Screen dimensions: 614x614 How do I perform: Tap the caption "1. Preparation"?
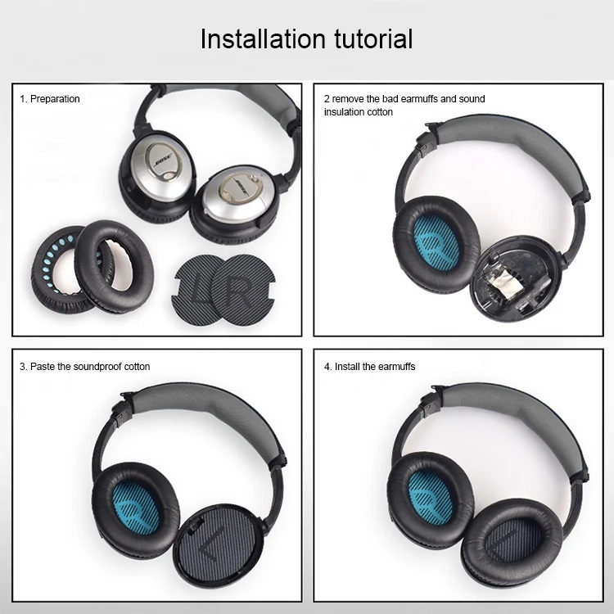(50, 99)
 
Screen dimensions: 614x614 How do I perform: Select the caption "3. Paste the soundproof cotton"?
(84, 367)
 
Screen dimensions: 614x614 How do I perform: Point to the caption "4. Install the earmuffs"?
(369, 367)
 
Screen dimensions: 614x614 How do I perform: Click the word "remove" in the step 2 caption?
(351, 99)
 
